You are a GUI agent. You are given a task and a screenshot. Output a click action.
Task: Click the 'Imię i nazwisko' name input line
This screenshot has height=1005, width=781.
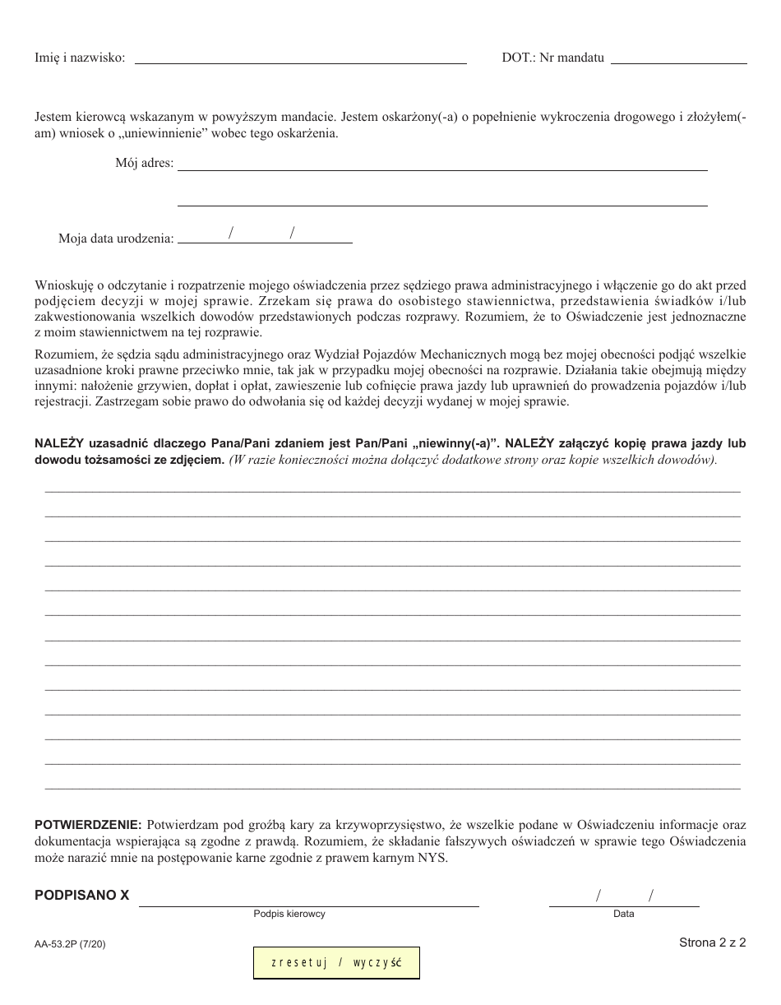pyautogui.click(x=300, y=57)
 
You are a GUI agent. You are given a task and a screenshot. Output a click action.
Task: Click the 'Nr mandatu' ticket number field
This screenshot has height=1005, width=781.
pyautogui.click(x=679, y=57)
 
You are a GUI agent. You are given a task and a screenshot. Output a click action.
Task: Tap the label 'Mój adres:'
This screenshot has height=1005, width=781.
pyautogui.click(x=145, y=163)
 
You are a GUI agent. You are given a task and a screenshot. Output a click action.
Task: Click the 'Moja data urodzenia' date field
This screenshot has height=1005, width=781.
pyautogui.click(x=265, y=237)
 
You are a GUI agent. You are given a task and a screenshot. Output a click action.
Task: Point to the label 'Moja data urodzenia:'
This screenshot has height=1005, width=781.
pyautogui.click(x=116, y=239)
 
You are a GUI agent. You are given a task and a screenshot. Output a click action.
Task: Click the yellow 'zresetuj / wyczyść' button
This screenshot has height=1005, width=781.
pyautogui.click(x=336, y=963)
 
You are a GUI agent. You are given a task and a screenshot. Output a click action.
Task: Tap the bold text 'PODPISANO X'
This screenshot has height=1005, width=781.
pyautogui.click(x=82, y=896)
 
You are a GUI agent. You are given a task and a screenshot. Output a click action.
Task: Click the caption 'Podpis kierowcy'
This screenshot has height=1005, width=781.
pyautogui.click(x=289, y=914)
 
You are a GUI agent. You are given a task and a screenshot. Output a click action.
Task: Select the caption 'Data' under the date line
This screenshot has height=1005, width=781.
pyautogui.click(x=623, y=914)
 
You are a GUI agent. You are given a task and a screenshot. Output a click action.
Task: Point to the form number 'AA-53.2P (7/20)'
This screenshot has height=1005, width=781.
pyautogui.click(x=70, y=945)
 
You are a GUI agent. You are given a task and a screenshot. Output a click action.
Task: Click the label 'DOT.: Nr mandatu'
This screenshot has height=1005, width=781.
pyautogui.click(x=552, y=58)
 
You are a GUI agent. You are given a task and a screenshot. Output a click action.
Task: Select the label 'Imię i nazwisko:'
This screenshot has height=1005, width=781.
pyautogui.click(x=80, y=58)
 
